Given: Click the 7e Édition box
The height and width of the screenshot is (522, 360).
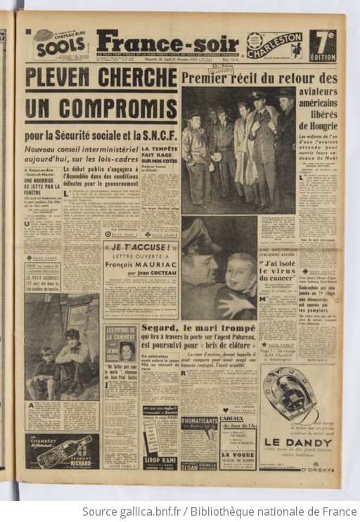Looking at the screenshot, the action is pos(322,45).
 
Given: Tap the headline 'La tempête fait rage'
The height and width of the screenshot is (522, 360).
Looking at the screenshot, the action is pos(159,157).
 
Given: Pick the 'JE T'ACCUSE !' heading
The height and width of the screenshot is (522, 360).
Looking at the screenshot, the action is pos(139,247).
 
